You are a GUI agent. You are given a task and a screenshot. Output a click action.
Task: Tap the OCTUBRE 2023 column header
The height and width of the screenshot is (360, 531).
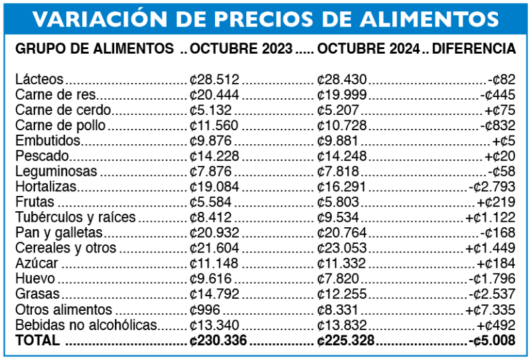point(241,49)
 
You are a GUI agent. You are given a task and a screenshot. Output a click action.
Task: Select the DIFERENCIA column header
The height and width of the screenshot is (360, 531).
point(474,49)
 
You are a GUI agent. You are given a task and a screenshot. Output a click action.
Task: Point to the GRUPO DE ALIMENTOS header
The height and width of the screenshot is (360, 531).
point(94,49)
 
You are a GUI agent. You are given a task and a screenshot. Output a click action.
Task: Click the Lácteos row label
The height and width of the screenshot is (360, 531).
point(39,79)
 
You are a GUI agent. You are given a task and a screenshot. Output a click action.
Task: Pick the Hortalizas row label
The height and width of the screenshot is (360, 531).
point(46,187)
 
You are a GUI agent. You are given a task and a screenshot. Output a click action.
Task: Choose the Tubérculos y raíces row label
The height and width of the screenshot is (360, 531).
point(76,217)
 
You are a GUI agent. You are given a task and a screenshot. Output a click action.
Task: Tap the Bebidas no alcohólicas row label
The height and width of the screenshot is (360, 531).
point(86,325)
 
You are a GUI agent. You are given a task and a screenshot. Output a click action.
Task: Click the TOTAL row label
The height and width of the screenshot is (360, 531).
point(37,340)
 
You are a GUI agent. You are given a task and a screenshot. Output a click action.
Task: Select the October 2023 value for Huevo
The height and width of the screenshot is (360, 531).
point(210,279)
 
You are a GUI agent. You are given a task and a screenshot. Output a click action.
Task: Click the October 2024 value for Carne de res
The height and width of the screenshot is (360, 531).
point(342,95)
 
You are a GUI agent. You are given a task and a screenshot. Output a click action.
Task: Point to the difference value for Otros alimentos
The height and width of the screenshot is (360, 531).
point(491,310)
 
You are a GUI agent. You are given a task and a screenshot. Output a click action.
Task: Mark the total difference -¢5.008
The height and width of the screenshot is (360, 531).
point(492,340)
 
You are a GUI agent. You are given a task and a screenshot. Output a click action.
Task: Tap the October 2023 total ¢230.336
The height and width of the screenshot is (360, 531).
point(218,340)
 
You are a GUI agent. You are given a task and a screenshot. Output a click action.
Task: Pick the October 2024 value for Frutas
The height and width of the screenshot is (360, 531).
point(338,202)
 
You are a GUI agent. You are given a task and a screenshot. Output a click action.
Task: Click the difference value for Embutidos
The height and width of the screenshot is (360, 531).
point(505,141)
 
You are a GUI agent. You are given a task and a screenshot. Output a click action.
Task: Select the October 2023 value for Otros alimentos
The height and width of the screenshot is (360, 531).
point(205,310)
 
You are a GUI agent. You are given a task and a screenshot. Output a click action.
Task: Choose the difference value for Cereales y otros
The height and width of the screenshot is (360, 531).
point(491,248)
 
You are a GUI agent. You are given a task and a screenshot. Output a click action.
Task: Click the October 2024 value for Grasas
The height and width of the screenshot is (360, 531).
point(342,294)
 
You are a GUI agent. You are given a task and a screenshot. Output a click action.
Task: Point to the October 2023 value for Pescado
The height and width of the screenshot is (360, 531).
point(214,156)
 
